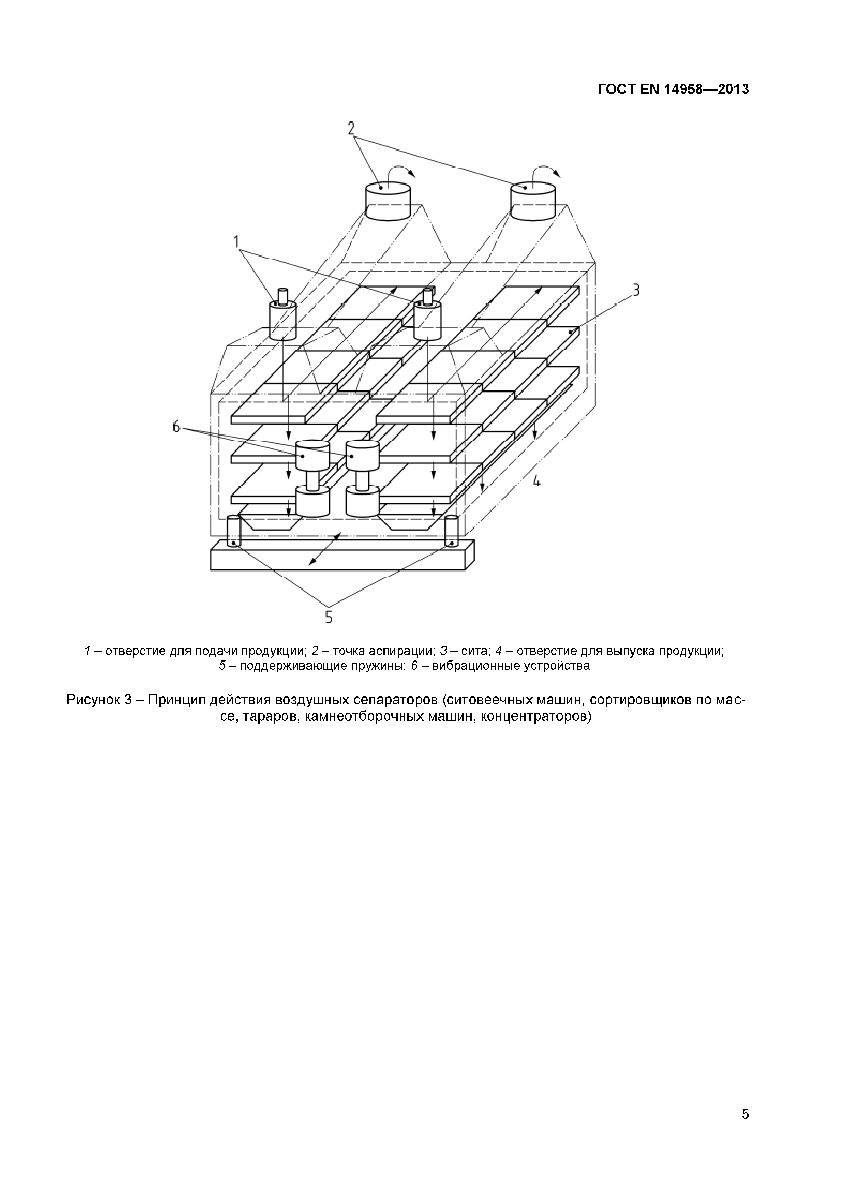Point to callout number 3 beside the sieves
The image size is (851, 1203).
pyautogui.click(x=636, y=290)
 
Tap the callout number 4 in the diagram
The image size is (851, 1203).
pyautogui.click(x=536, y=480)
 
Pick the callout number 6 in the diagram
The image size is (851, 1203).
pyautogui.click(x=176, y=427)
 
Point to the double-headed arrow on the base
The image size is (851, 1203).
pyautogui.click(x=325, y=549)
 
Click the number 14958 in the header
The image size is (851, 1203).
pyautogui.click(x=686, y=90)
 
